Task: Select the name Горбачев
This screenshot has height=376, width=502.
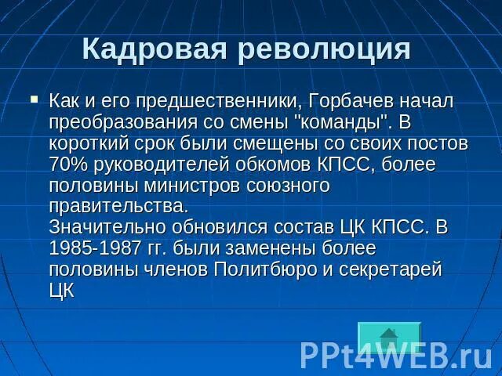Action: pos(347,102)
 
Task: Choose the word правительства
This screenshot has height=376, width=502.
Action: pos(118,208)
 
